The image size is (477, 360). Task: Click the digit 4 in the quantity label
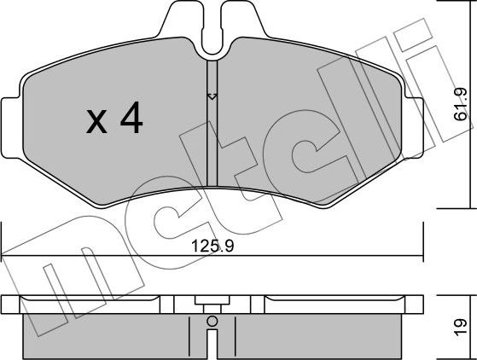tap(130, 120)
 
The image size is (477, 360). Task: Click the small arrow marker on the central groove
tap(212, 96)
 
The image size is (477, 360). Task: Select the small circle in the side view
tap(212, 322)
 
